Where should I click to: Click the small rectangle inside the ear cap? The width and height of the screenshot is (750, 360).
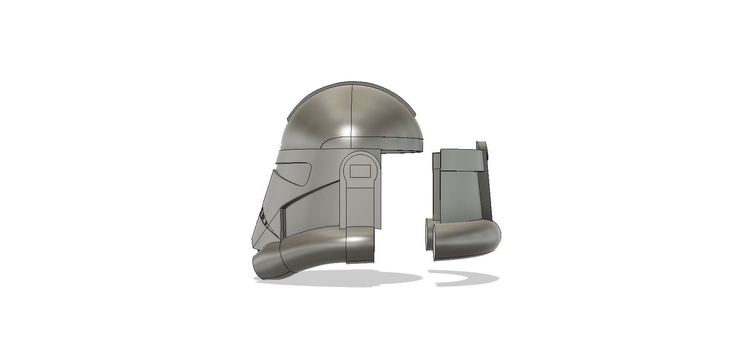click(x=360, y=171)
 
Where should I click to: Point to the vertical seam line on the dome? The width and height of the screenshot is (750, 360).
click(x=352, y=109)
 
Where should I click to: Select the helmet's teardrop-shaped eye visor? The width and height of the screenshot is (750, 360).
click(x=299, y=172)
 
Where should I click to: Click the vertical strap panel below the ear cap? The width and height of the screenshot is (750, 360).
click(x=360, y=207)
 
